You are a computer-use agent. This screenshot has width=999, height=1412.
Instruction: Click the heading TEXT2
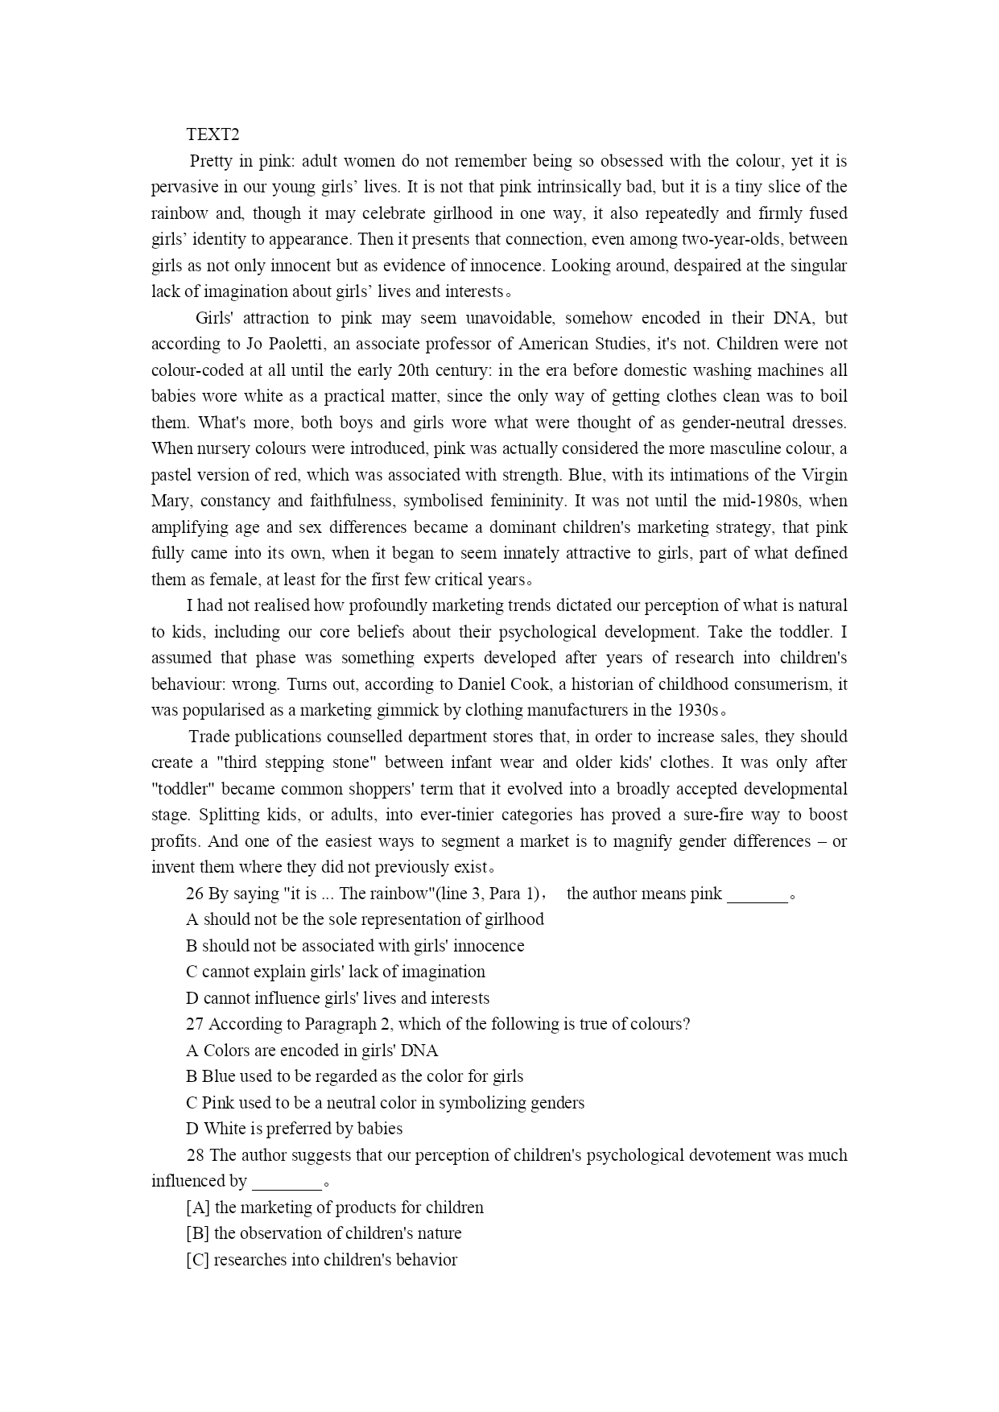coord(213,134)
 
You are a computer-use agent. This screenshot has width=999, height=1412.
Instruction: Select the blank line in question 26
coord(757,895)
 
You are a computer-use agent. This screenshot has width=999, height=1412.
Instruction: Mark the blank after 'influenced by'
coord(286,1183)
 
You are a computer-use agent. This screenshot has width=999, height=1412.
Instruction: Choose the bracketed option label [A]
coord(198,1208)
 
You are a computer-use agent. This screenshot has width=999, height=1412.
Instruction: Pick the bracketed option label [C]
coord(198,1260)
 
